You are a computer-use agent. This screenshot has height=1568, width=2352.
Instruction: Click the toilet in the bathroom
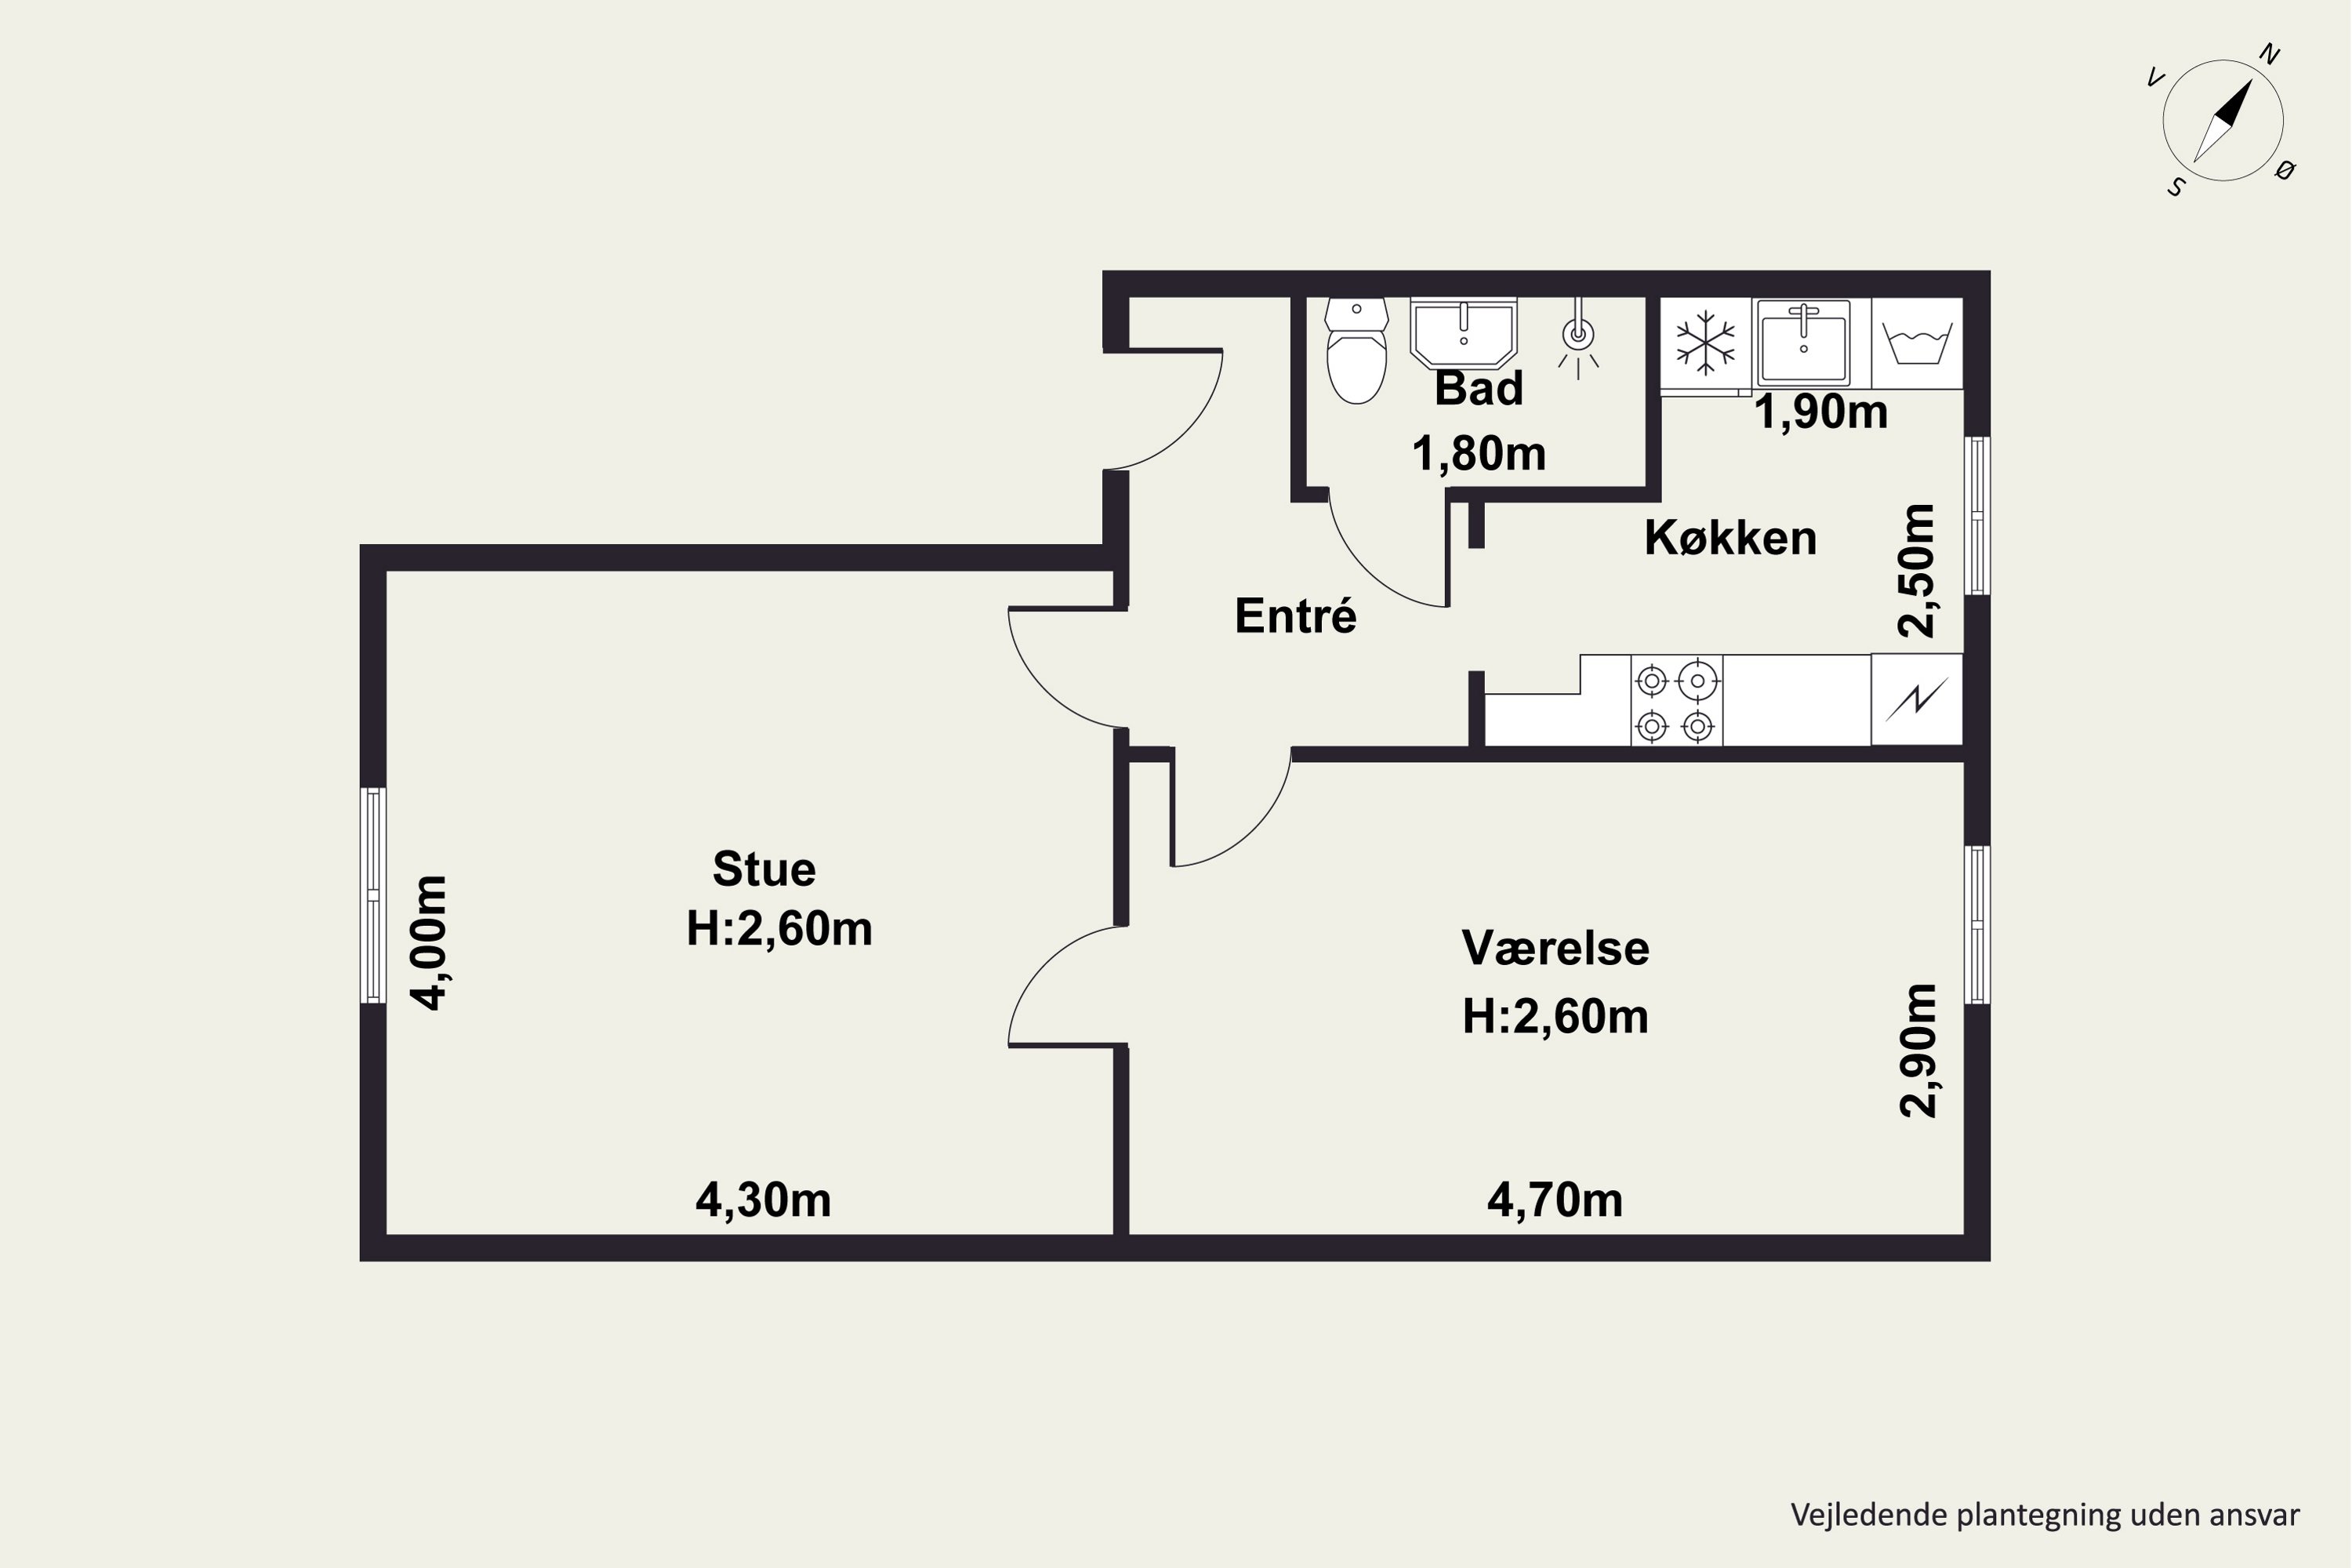(1356, 351)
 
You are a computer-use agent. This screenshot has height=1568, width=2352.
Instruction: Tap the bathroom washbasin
(1463, 332)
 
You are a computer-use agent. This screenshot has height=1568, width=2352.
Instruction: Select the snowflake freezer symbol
(1705, 345)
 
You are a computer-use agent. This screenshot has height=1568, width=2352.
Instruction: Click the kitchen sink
(1803, 342)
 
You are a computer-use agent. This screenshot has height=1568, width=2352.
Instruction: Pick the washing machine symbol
(1917, 343)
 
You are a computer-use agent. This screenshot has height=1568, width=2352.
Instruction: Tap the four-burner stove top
(1676, 700)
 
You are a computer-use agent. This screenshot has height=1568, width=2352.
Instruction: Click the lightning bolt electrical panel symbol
(1916, 699)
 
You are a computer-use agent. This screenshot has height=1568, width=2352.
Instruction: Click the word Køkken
(1730, 538)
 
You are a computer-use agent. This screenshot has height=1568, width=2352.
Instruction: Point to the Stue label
(764, 869)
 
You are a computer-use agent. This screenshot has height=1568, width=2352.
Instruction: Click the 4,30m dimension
(763, 1200)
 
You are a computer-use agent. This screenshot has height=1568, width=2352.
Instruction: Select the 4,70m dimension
(1555, 1200)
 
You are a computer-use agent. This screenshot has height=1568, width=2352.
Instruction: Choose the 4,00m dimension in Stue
(431, 943)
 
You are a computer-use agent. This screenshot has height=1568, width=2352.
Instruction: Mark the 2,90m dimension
(1918, 1050)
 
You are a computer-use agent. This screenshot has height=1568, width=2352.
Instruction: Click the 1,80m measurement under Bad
(1478, 454)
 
